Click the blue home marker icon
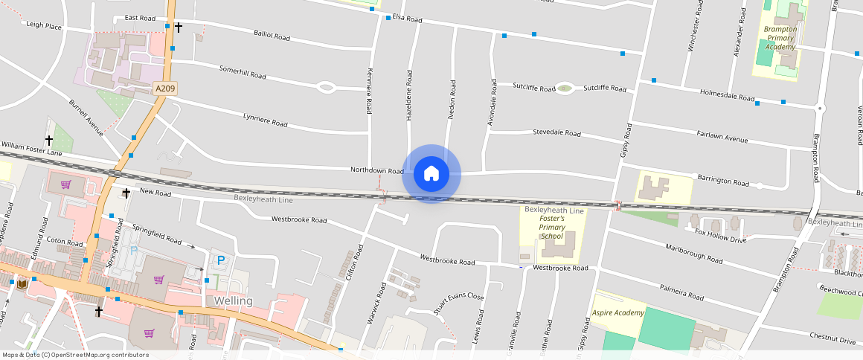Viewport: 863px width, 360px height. [x=431, y=174]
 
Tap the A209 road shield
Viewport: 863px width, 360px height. [x=165, y=89]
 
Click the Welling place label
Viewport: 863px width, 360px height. [x=233, y=301]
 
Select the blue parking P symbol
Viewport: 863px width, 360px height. [x=220, y=260]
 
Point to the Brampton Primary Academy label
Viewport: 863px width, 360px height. [x=780, y=38]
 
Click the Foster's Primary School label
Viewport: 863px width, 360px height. [x=552, y=228]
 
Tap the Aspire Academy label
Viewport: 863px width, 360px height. [x=617, y=312]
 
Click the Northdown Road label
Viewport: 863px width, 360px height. [x=376, y=171]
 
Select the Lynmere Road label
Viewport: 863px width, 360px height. [x=265, y=119]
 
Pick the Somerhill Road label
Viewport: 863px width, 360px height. [x=243, y=72]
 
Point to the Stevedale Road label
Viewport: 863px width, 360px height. [x=556, y=133]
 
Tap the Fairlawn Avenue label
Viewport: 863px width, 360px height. [x=722, y=137]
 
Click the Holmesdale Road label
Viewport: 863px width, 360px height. [x=728, y=95]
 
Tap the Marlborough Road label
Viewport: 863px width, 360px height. [x=694, y=254]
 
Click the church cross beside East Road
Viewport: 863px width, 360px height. [x=179, y=27]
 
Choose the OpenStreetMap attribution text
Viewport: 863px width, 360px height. [x=75, y=355]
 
